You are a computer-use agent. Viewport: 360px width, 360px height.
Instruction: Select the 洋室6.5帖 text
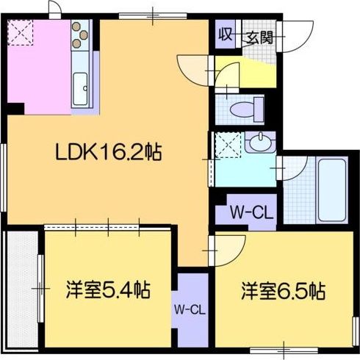coord(282,291)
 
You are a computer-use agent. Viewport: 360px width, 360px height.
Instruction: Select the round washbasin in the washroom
coord(259,143)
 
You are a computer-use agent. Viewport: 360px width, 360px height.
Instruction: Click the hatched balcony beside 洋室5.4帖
coord(18,290)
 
